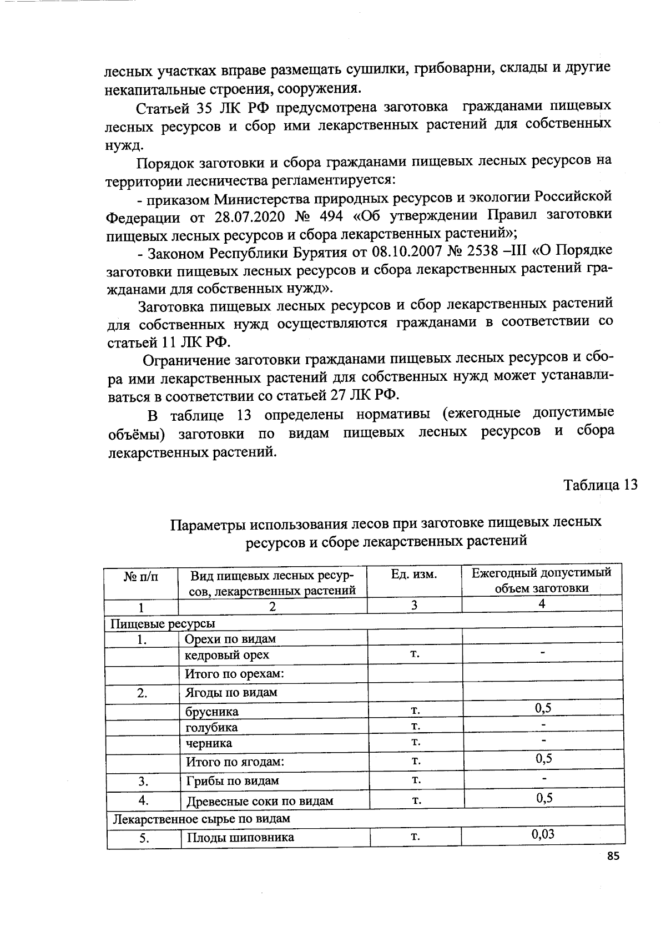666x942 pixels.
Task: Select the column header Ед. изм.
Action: (414, 575)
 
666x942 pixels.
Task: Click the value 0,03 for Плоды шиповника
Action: (543, 834)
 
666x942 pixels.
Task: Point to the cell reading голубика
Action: (211, 727)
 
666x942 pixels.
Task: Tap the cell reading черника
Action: (209, 743)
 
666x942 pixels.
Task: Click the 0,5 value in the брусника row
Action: (543, 708)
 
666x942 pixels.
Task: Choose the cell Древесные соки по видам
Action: (260, 801)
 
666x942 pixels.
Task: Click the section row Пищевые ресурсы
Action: (163, 624)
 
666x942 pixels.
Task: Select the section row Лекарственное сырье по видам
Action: (201, 819)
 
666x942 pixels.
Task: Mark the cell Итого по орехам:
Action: (235, 674)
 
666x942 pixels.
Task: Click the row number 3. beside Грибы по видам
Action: (143, 782)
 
